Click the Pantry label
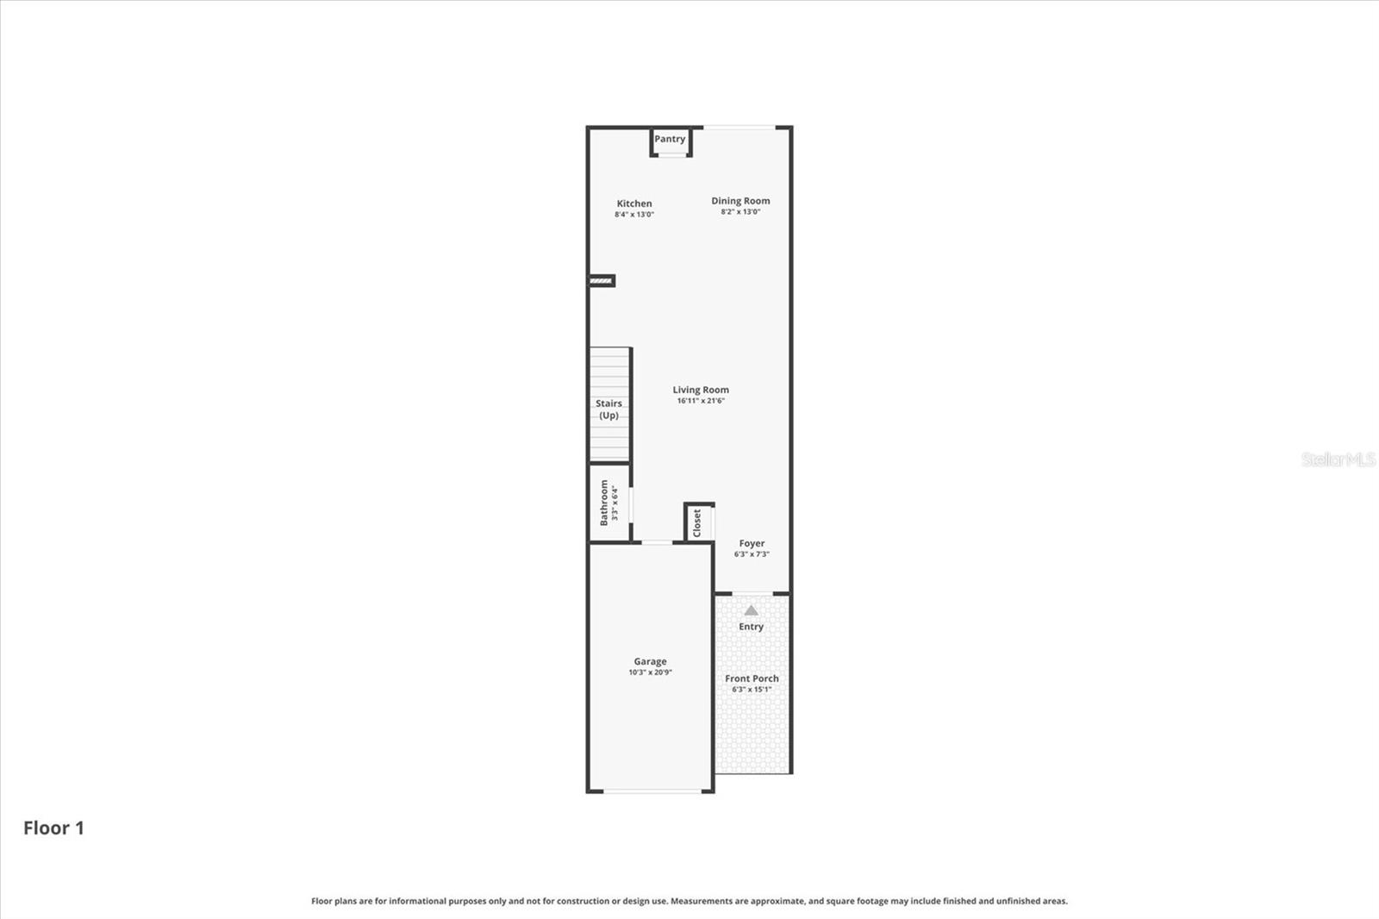(x=670, y=139)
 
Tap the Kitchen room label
(x=634, y=203)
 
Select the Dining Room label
(x=740, y=201)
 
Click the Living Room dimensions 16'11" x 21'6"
(x=701, y=401)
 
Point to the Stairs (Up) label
(x=608, y=409)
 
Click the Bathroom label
(x=604, y=503)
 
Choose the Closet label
(x=697, y=522)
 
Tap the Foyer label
(x=752, y=543)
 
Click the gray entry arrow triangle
(x=751, y=610)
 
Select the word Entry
(x=751, y=627)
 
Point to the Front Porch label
(x=752, y=678)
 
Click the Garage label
(x=650, y=661)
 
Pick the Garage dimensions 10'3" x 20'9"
(x=650, y=672)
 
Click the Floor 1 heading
(x=53, y=828)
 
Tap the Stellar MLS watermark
(x=1338, y=459)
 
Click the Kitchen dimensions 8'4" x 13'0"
(x=634, y=215)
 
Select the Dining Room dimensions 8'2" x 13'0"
(x=740, y=212)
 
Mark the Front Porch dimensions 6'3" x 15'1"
(x=752, y=690)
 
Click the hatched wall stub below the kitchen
(x=602, y=280)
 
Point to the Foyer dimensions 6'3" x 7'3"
(x=752, y=554)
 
